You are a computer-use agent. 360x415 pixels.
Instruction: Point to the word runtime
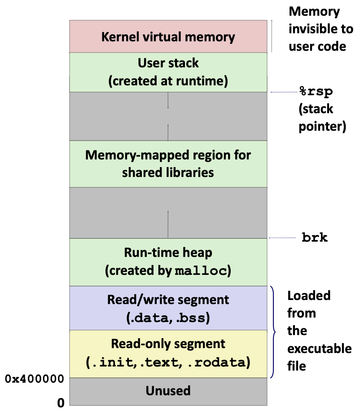[x=203, y=81]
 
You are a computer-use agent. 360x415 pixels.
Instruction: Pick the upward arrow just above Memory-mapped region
[x=168, y=132]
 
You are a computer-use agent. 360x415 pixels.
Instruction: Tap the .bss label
[x=193, y=318]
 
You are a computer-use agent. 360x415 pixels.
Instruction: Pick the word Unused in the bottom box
[x=168, y=391]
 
